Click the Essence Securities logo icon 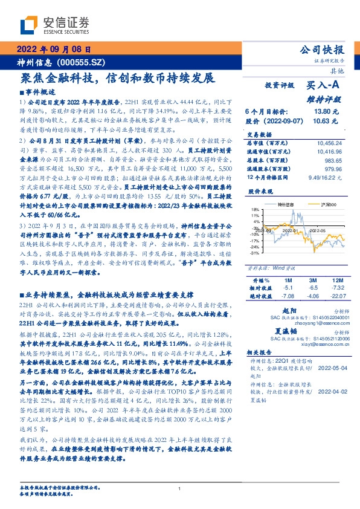pos(28,25)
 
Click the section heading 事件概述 pos(33,92)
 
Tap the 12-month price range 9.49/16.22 pos(324,178)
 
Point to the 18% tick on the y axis pos(256,209)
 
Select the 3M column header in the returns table pos(313,281)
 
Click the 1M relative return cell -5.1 pos(288,289)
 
